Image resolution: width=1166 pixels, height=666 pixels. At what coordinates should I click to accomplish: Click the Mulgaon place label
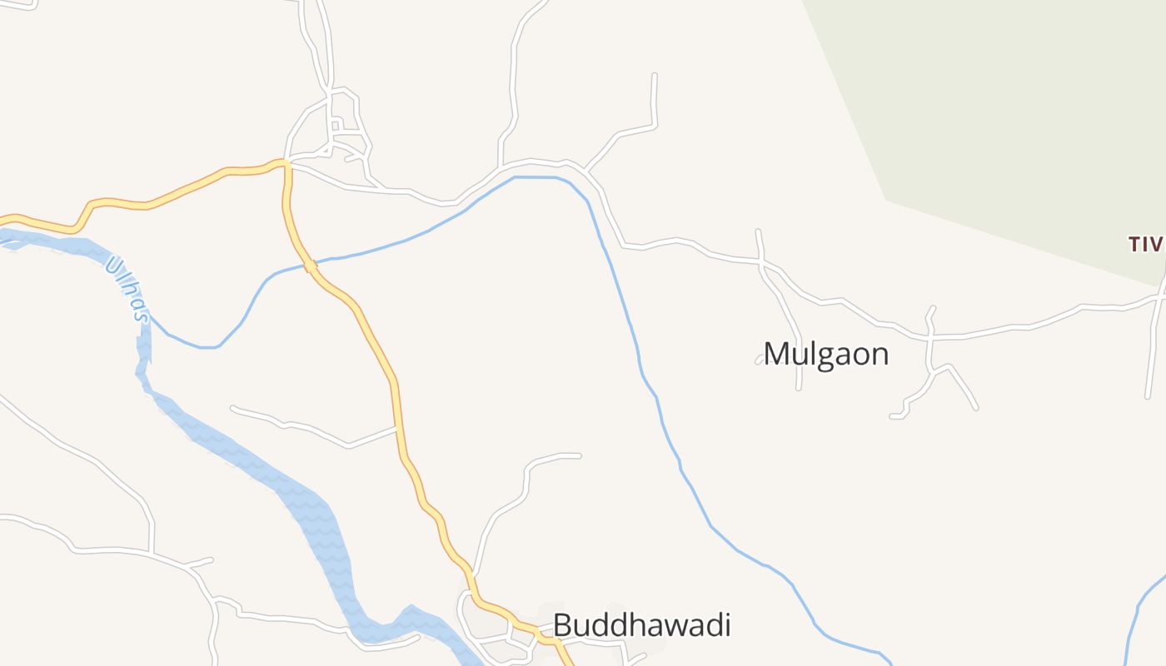pyautogui.click(x=826, y=354)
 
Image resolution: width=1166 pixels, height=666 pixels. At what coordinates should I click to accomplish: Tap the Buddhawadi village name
pyautogui.click(x=641, y=624)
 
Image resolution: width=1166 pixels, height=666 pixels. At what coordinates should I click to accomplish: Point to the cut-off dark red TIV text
pyautogui.click(x=1145, y=244)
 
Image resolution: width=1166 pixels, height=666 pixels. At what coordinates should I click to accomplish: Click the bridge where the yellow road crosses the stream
pyautogui.click(x=310, y=266)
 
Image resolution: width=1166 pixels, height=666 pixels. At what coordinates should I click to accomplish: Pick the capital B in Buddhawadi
pyautogui.click(x=562, y=624)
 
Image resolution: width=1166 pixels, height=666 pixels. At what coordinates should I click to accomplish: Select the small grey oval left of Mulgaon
pyautogui.click(x=760, y=360)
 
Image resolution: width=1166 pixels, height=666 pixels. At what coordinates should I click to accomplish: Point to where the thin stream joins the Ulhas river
pyautogui.click(x=148, y=317)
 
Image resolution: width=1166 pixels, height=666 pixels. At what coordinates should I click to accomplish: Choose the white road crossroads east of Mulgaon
pyautogui.click(x=929, y=337)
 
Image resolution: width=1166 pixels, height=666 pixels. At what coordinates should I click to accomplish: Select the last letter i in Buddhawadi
pyautogui.click(x=726, y=624)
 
